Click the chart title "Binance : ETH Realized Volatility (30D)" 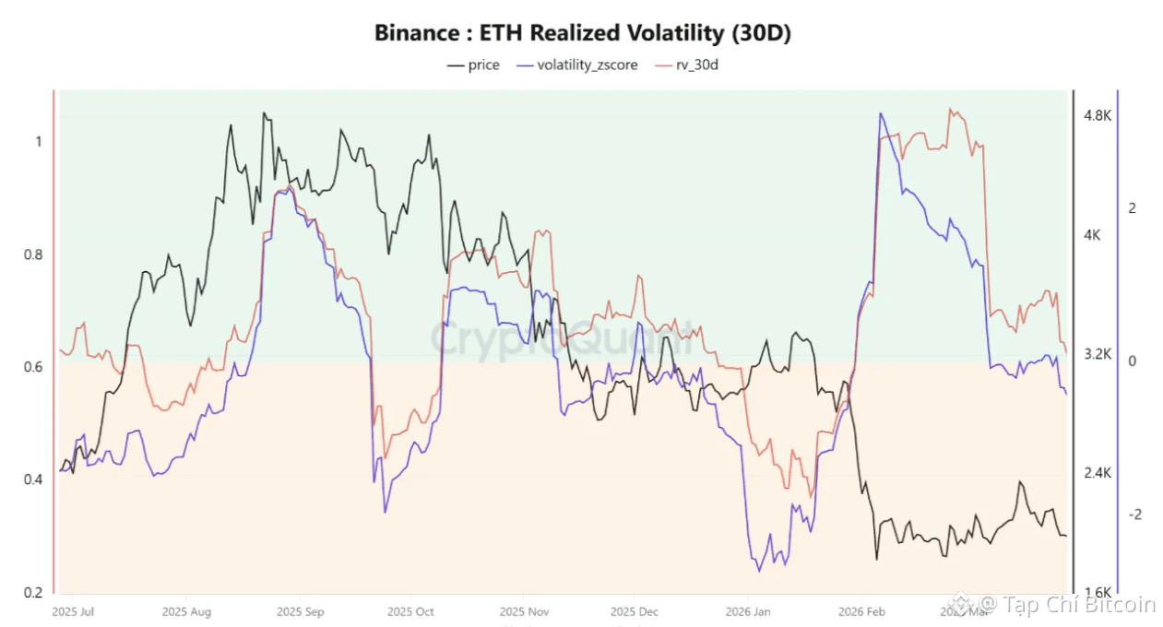582,33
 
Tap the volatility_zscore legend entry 577,65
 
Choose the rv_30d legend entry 686,65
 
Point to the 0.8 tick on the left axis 32,254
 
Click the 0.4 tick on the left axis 32,479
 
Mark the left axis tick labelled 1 38,142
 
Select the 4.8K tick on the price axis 1098,116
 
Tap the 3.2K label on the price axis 1098,354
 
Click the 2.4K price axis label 1098,473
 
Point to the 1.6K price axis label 1098,592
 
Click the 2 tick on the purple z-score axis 1133,208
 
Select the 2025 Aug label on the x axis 187,610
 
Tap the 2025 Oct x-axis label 411,610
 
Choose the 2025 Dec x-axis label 635,610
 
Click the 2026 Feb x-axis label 861,610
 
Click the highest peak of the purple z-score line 881,113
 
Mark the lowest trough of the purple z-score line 760,571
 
